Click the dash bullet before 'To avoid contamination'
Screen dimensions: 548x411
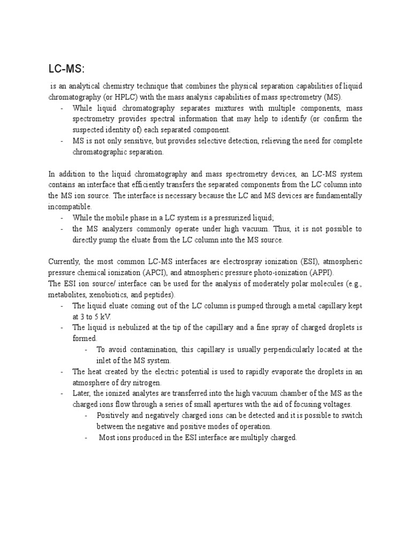pyautogui.click(x=87, y=349)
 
